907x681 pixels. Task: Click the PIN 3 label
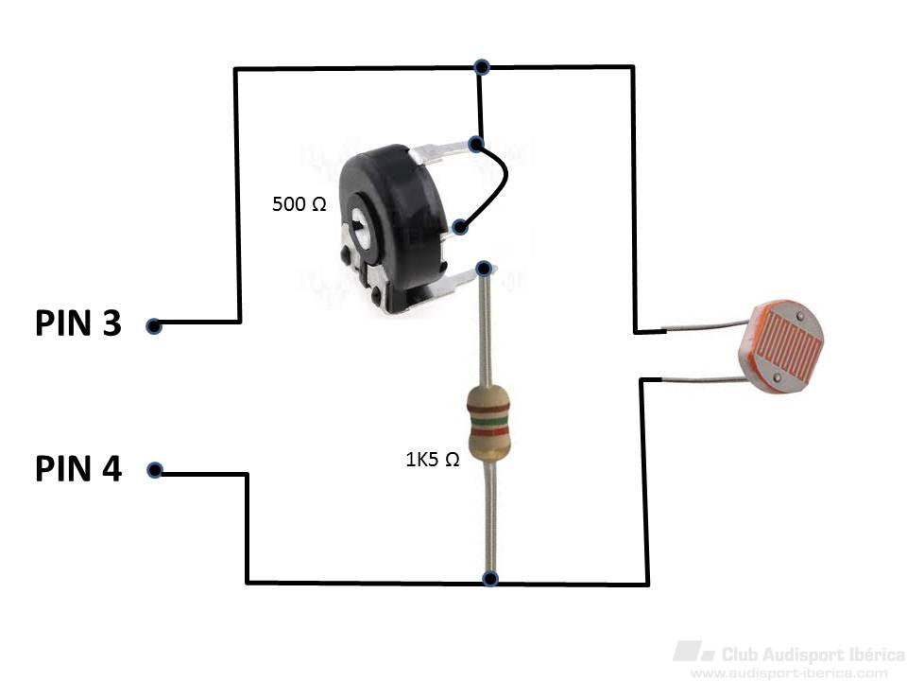pos(78,323)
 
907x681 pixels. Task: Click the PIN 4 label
pos(78,468)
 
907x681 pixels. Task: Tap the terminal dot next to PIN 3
pos(153,326)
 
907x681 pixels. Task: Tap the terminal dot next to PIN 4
pos(154,470)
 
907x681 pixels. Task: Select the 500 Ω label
pos(299,204)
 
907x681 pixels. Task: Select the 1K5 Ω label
pos(433,460)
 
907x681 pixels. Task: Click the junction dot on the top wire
pos(482,67)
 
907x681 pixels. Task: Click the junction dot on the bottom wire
pos(490,578)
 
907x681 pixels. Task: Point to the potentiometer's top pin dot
pos(475,144)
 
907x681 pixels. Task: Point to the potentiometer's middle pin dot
pos(460,227)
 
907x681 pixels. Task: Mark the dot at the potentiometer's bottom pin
pos(484,269)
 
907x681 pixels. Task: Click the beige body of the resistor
pos(488,423)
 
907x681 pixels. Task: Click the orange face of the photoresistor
pos(782,346)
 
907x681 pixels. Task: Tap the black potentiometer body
pos(399,226)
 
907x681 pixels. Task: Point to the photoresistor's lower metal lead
pos(702,379)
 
